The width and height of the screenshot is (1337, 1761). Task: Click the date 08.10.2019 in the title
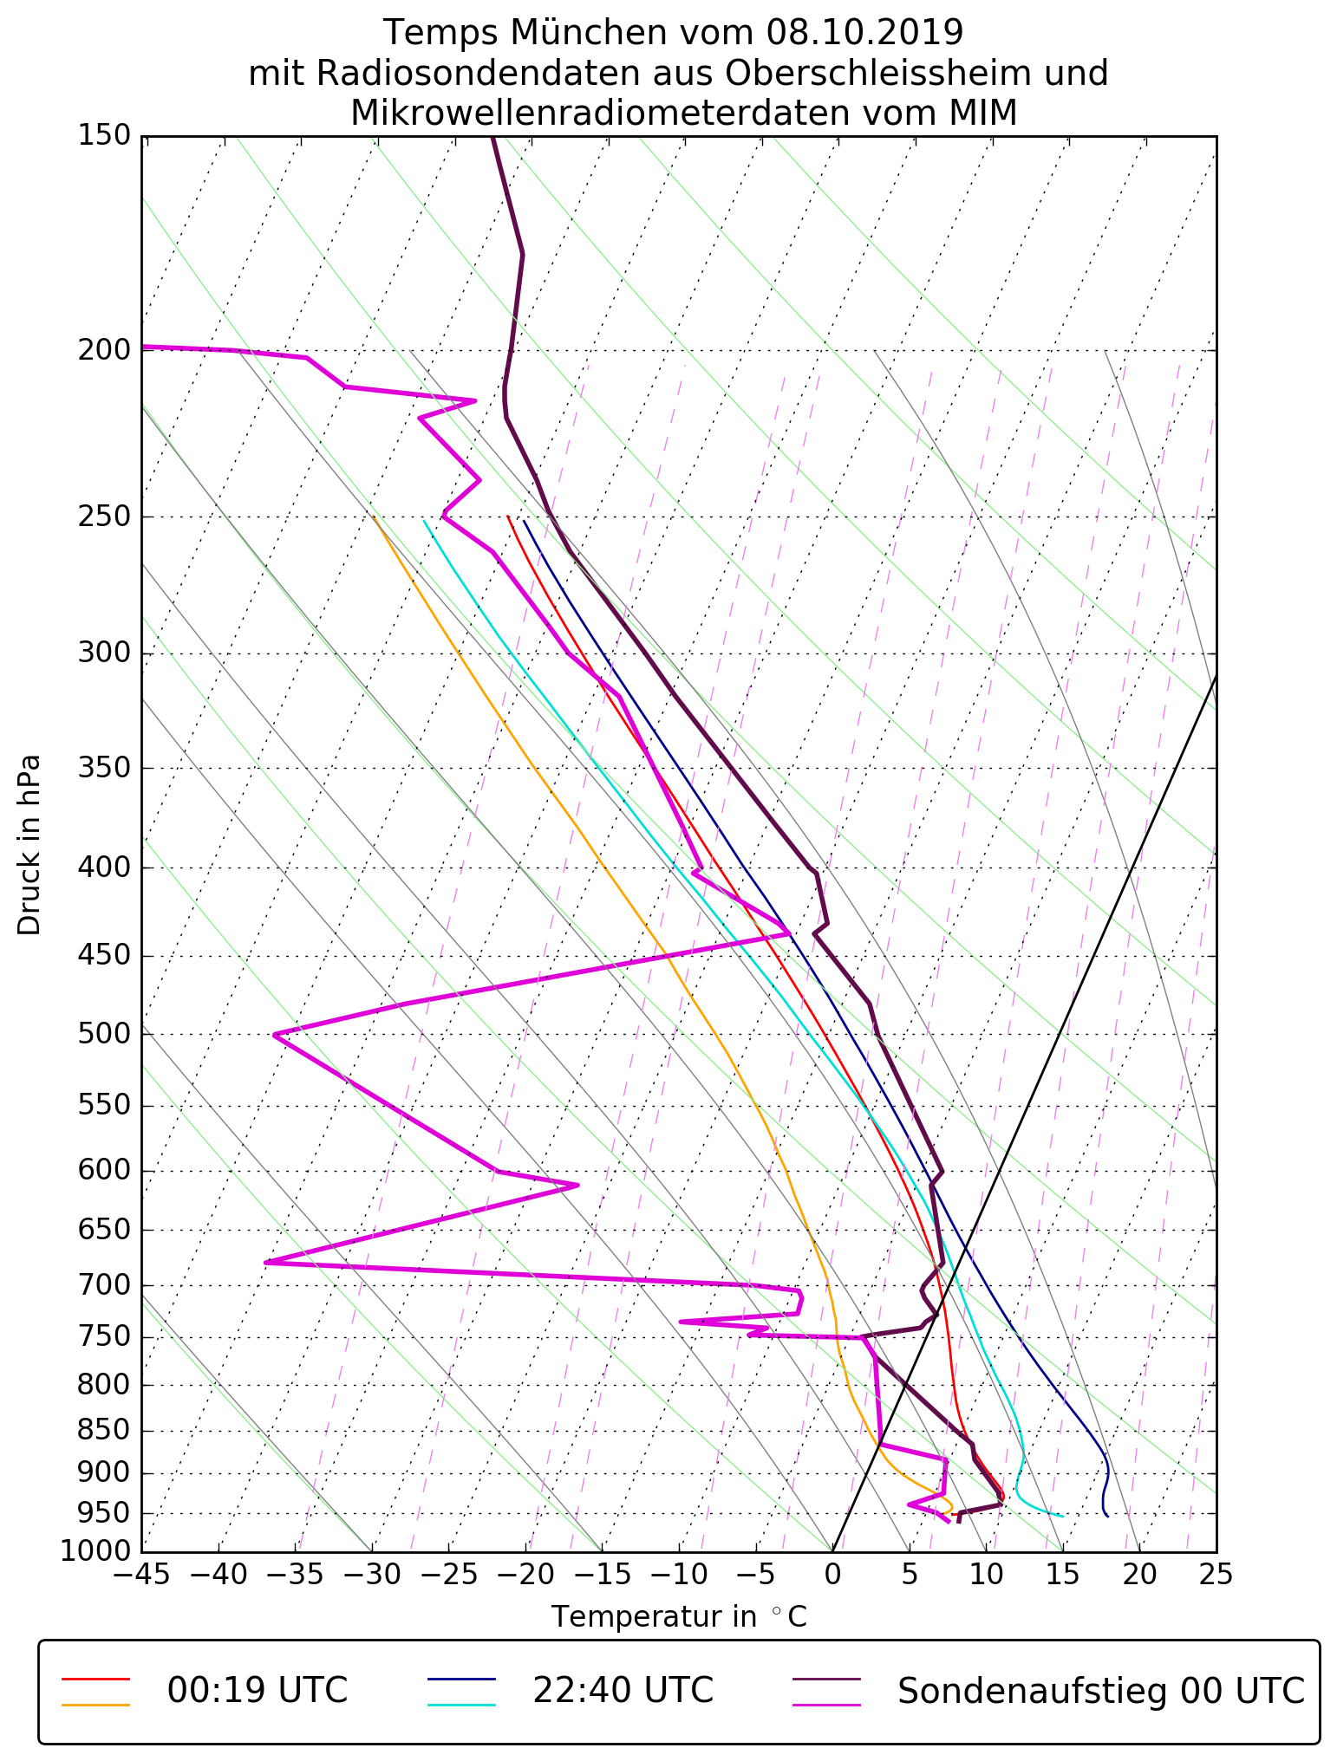click(864, 33)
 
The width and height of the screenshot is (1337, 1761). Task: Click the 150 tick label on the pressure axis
click(104, 136)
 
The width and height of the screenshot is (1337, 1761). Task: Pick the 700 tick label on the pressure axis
click(104, 1286)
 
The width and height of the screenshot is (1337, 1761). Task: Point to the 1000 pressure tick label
click(96, 1551)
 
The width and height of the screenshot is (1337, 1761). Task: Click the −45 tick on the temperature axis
click(141, 1574)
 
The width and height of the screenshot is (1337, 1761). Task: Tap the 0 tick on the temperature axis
click(832, 1574)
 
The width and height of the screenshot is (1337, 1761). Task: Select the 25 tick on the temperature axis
click(1216, 1574)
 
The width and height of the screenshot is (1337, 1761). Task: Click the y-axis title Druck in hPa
click(29, 845)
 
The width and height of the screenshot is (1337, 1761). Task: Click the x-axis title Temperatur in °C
click(679, 1617)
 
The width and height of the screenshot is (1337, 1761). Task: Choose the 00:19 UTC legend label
click(258, 1691)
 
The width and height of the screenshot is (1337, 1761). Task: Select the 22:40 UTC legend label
click(623, 1691)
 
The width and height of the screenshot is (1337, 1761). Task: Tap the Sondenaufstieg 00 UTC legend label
click(1100, 1691)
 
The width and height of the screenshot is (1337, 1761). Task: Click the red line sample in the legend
click(95, 1679)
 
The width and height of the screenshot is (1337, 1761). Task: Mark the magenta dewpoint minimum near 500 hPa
click(274, 1035)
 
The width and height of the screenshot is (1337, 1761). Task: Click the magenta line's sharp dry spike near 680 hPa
click(265, 1263)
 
